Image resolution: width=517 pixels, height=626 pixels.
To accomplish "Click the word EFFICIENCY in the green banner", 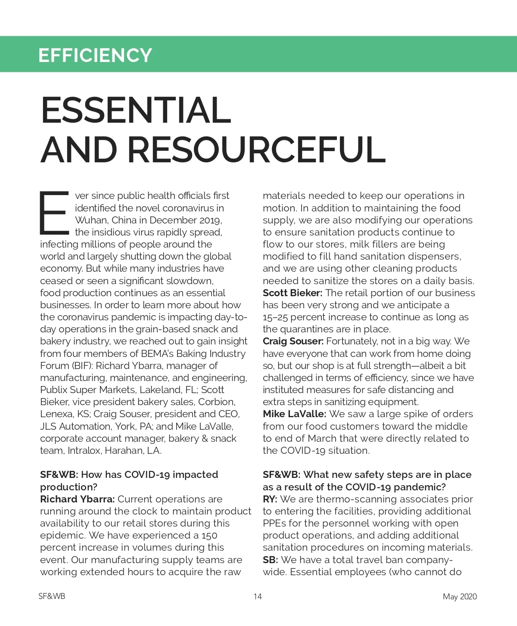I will pyautogui.click(x=95, y=55).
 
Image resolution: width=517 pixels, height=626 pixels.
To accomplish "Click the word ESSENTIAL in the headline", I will pyautogui.click(x=136, y=110).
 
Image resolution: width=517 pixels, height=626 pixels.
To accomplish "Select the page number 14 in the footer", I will pyautogui.click(x=258, y=597).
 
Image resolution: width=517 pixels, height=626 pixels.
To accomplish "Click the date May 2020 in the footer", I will pyautogui.click(x=460, y=597).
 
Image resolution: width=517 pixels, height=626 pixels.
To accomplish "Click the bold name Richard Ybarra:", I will pyautogui.click(x=77, y=499).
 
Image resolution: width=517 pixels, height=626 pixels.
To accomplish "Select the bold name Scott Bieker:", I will pyautogui.click(x=293, y=293).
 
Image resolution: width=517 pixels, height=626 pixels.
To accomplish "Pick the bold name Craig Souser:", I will pyautogui.click(x=293, y=341).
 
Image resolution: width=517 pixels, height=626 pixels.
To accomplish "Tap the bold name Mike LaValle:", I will pyautogui.click(x=294, y=414).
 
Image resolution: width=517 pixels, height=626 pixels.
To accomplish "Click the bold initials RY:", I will pyautogui.click(x=270, y=499).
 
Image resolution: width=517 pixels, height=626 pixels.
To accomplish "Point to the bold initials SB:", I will pyautogui.click(x=270, y=560).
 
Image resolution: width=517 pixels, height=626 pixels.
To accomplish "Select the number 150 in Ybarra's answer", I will pyautogui.click(x=209, y=536).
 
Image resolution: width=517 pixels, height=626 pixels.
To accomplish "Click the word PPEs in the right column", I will pyautogui.click(x=274, y=524).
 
